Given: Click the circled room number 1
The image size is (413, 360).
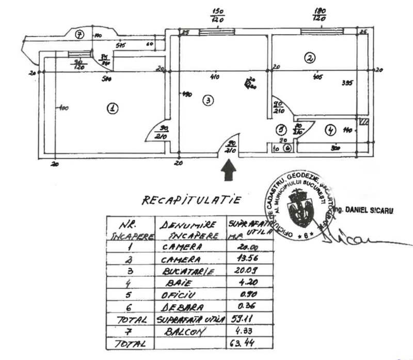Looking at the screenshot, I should pyautogui.click(x=111, y=108).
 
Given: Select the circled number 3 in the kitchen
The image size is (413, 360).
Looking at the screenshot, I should pyautogui.click(x=207, y=101).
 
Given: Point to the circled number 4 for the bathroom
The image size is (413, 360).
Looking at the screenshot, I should pyautogui.click(x=330, y=130).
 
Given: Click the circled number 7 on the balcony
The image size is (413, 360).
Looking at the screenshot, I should pyautogui.click(x=79, y=35).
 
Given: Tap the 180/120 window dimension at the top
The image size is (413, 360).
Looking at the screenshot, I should pyautogui.click(x=319, y=14).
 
